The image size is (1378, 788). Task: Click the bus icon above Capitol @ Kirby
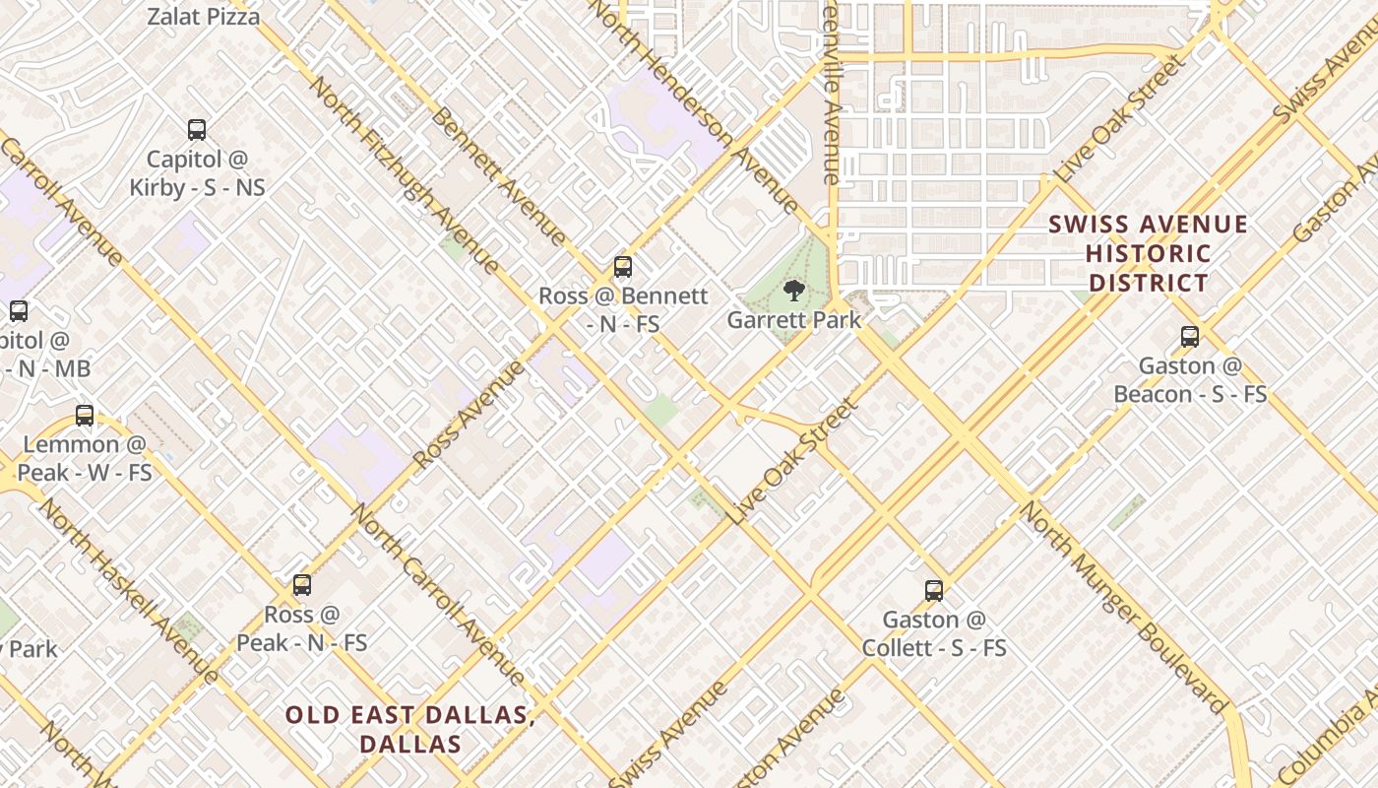coord(197,129)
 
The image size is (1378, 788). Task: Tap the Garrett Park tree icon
coord(793,291)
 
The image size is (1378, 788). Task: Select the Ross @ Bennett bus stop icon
coord(622,266)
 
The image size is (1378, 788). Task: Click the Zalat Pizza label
coord(204,17)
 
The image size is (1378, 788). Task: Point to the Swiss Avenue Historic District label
coord(1148,253)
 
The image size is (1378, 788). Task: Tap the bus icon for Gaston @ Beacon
coord(1190,337)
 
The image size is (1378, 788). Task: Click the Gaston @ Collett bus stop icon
coord(934,591)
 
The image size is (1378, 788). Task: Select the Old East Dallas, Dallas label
coord(410,729)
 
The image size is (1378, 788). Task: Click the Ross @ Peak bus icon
coord(302,585)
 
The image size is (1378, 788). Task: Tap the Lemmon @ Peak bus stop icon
coord(85,416)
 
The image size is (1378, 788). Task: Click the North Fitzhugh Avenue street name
coord(404,173)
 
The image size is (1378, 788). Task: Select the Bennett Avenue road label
coord(498,176)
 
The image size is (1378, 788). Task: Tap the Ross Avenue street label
coord(470,415)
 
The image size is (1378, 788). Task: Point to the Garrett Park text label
coord(793,320)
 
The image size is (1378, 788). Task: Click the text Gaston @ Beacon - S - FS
coord(1190,380)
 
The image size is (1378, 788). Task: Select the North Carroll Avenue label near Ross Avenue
coord(440,595)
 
